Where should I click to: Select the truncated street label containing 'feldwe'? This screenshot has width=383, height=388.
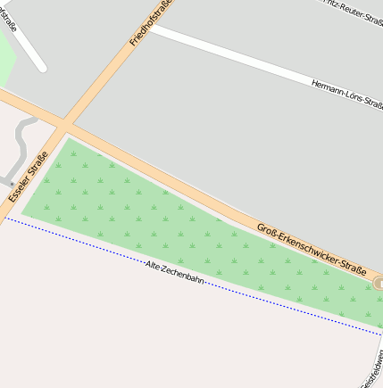tap(372, 372)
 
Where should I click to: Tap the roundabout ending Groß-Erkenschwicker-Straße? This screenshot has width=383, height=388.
tap(379, 284)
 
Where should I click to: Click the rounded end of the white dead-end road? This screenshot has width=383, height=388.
tap(39, 66)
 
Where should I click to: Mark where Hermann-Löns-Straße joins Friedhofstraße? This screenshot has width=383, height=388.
tap(151, 28)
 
